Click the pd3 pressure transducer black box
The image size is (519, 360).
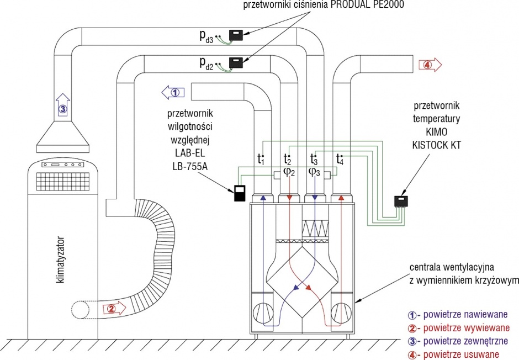coord(236,35)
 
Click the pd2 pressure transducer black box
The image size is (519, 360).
coord(236,62)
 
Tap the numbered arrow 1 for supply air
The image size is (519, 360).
coord(173,92)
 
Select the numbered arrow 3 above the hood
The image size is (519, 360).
coord(63,104)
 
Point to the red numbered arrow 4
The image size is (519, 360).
coord(430,65)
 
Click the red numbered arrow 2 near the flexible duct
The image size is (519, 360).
coord(115,309)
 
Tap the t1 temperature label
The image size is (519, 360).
coord(261,159)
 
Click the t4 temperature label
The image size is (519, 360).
coord(340,159)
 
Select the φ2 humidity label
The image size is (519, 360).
coord(289,172)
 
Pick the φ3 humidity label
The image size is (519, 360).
coord(314,172)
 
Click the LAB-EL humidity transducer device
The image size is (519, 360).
coord(240,193)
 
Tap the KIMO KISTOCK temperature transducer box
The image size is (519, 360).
coord(401,201)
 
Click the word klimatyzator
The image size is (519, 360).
coord(60,259)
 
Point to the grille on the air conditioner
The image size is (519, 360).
coord(63,181)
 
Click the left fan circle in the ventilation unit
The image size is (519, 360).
coord(263,313)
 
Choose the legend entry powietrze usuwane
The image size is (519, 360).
coord(453,354)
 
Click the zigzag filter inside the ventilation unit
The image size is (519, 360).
coord(315,228)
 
